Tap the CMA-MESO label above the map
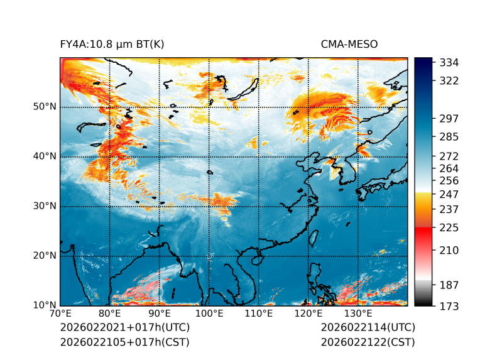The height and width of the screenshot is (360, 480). (349, 44)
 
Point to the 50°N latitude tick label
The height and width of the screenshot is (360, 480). (45, 107)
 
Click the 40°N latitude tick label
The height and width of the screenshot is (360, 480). (45, 156)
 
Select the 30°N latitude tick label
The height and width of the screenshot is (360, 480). (45, 206)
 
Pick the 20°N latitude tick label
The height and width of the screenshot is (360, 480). (45, 256)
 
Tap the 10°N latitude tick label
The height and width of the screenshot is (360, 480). (45, 306)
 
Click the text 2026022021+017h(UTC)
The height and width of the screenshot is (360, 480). (124, 327)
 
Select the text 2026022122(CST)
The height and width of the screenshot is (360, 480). (368, 342)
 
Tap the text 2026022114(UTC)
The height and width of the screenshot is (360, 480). (368, 327)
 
